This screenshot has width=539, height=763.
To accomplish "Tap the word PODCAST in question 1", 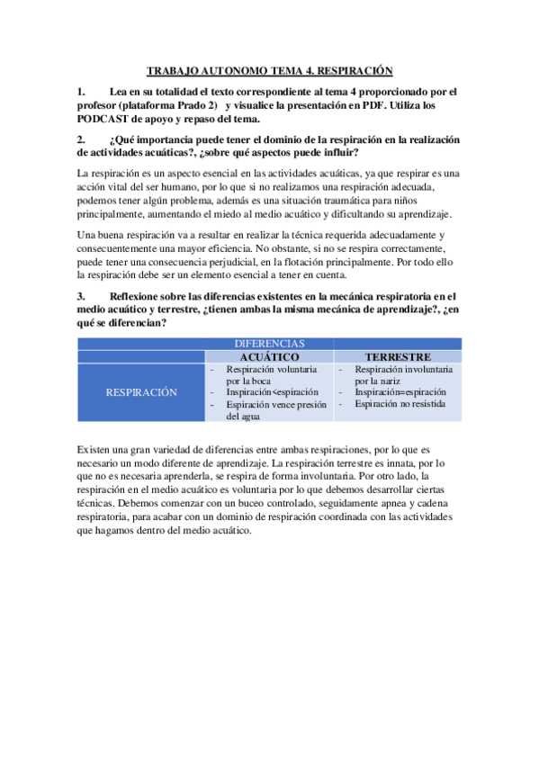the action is [x=106, y=119].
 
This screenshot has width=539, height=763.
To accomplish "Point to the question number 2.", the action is [x=81, y=139].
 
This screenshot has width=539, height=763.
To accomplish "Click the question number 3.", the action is [x=81, y=295].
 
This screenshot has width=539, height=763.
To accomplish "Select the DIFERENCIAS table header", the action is [x=270, y=344].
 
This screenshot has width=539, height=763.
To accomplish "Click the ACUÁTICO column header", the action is [x=270, y=356].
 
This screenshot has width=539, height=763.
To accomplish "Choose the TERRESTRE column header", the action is [x=398, y=356].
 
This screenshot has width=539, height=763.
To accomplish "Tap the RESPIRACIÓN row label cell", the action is [x=142, y=392].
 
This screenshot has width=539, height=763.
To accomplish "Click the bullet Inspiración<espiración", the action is [x=272, y=392].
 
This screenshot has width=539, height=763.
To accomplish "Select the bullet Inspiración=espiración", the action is [x=400, y=392].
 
